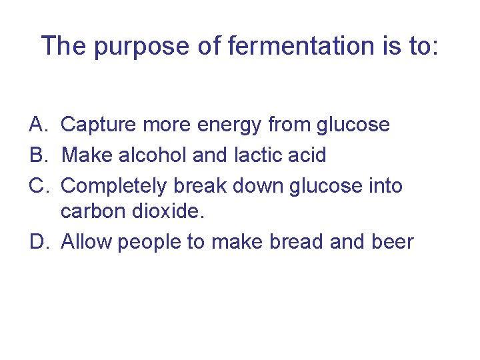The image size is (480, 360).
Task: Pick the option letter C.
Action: (x=37, y=185)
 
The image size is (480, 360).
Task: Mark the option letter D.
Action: (x=37, y=241)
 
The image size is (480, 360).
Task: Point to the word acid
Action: (x=308, y=155)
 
